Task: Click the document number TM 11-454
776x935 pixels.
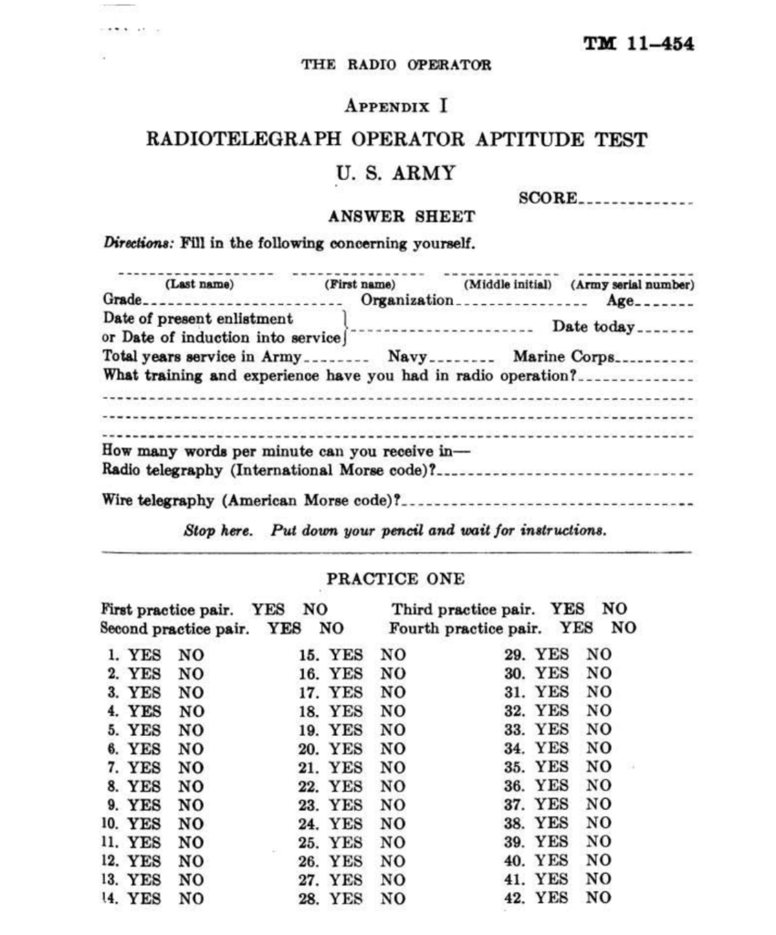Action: click(638, 45)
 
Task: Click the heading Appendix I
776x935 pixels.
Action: click(396, 106)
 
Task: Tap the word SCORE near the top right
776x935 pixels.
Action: click(547, 198)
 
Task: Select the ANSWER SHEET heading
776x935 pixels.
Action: click(401, 217)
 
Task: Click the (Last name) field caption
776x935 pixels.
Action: click(199, 285)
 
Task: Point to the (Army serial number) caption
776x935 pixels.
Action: click(633, 285)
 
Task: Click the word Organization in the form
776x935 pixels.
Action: click(407, 300)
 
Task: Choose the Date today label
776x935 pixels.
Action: click(592, 327)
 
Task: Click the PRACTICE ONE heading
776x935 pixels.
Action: click(395, 579)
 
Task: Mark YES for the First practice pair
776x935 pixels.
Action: click(268, 609)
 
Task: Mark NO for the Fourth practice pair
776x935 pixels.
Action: click(624, 628)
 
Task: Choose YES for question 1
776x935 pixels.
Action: click(144, 655)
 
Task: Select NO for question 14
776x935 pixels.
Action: click(192, 898)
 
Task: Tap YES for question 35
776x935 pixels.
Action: click(551, 767)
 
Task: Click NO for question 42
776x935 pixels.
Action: click(599, 898)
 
